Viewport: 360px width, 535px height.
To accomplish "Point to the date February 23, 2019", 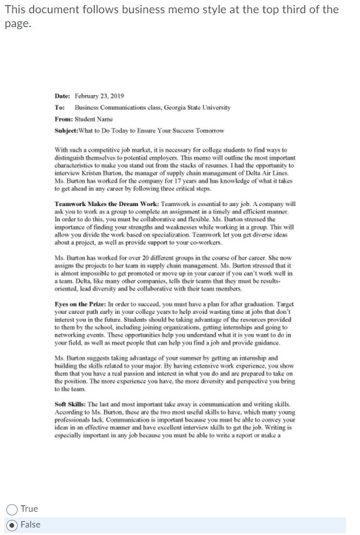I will [99, 96].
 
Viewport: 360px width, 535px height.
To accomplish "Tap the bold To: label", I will [60, 107].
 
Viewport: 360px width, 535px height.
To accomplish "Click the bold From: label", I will [64, 118].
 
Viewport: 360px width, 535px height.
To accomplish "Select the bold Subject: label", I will [67, 130].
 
